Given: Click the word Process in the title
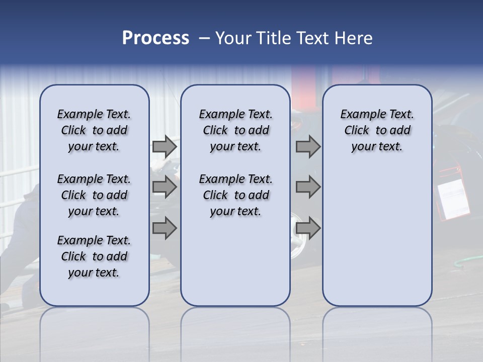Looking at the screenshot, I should [155, 38].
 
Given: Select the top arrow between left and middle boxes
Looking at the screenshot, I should [165, 147].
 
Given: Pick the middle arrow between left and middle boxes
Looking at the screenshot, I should [165, 188].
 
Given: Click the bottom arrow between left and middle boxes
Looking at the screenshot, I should [165, 228].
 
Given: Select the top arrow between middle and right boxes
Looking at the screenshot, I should [308, 147].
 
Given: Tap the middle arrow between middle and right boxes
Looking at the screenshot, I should [308, 188].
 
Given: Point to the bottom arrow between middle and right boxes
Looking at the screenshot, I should [308, 228].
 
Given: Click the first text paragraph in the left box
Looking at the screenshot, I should [94, 130].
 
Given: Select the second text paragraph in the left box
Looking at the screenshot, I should [94, 195].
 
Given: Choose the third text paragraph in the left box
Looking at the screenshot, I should [94, 256].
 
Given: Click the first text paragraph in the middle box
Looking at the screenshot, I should [235, 130].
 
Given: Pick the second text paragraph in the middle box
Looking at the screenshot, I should [235, 195].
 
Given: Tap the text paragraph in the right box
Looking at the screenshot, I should [377, 130].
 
